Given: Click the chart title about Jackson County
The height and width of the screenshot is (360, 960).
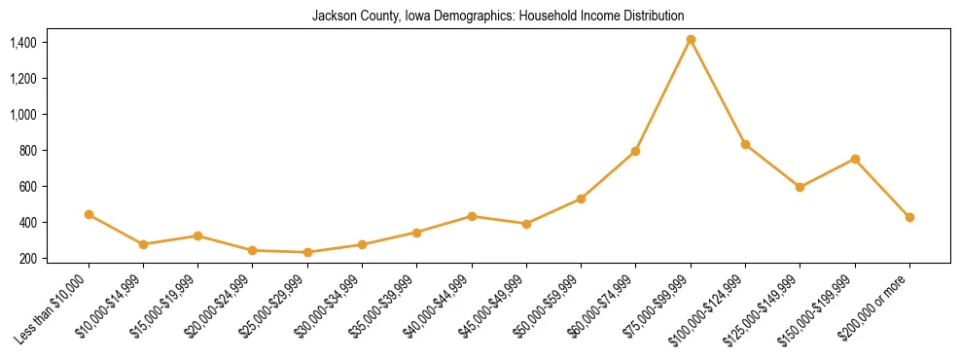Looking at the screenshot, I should point(498,16).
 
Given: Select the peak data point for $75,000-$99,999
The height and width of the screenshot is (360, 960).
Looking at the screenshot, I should point(691,40).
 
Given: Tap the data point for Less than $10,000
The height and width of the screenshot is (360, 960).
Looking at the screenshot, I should point(89,214).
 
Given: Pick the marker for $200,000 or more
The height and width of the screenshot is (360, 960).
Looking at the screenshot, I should point(909,217).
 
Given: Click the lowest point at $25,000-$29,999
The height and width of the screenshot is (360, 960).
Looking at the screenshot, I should point(307,252).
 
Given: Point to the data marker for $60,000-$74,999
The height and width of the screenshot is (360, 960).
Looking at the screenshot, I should point(635,151).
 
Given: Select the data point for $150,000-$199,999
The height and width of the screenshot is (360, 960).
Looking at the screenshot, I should point(855,159).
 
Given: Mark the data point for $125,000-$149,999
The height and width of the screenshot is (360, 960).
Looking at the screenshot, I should point(800,187).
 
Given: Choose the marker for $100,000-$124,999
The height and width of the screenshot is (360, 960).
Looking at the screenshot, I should point(745,144).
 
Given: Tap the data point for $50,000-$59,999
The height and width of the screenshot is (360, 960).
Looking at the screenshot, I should point(581,198).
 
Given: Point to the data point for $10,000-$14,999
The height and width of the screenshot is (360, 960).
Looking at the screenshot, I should point(143,244).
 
